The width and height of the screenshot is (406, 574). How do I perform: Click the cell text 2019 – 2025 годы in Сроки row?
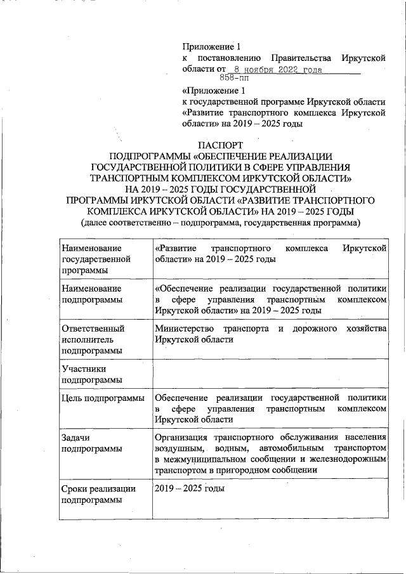pos(190,489)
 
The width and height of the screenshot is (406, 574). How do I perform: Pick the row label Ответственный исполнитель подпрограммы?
pos(93,340)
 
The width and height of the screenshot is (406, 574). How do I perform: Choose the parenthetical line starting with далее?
pos(219,222)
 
